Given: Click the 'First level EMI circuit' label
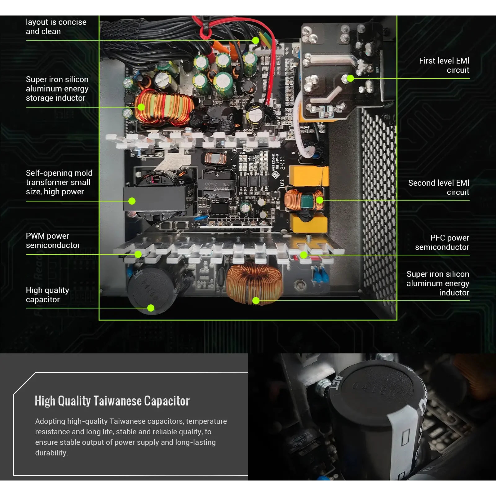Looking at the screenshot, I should [x=444, y=65].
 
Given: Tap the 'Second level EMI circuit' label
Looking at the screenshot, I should [x=438, y=188].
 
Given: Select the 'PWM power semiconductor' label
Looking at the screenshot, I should [x=53, y=241].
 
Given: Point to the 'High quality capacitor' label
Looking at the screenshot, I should [x=47, y=295].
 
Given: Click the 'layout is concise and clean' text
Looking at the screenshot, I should [x=56, y=27].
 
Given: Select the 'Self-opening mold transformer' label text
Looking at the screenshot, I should [x=59, y=182].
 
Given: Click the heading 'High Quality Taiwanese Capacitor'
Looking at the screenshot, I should [x=112, y=401].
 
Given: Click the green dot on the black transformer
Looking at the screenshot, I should [x=132, y=201].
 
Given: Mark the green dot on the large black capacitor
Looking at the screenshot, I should [x=151, y=308].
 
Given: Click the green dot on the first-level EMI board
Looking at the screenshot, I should [x=350, y=78].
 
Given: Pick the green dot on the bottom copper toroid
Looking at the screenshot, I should [x=256, y=300].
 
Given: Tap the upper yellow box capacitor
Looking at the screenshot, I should [x=308, y=176].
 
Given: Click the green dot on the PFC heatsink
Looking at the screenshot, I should [x=303, y=255].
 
